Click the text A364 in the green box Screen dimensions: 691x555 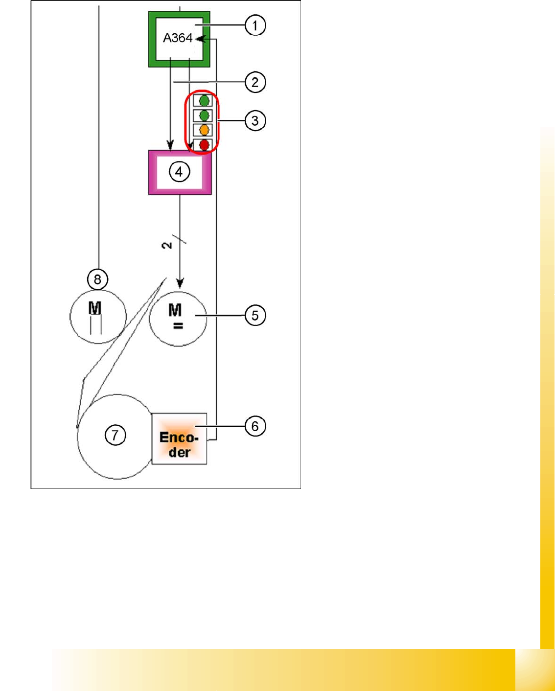pyautogui.click(x=177, y=38)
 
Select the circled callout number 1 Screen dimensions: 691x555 pyautogui.click(x=255, y=25)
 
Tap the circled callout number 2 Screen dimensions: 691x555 pyautogui.click(x=255, y=82)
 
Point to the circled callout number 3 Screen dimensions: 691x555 pyautogui.click(x=255, y=120)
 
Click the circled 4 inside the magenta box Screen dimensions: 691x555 pyautogui.click(x=179, y=172)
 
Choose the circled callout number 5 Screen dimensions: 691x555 pyautogui.click(x=255, y=315)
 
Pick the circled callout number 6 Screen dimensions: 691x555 pyautogui.click(x=255, y=426)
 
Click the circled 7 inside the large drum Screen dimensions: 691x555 pyautogui.click(x=116, y=435)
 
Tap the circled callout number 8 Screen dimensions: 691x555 pyautogui.click(x=97, y=279)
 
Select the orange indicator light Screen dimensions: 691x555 pyautogui.click(x=204, y=130)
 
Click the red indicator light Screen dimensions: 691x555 pyautogui.click(x=204, y=145)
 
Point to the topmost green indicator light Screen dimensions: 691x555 pyautogui.click(x=204, y=101)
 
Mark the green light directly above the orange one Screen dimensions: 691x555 pyautogui.click(x=204, y=115)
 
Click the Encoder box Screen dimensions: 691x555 pyautogui.click(x=179, y=439)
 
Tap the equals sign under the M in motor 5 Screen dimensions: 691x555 pyautogui.click(x=178, y=326)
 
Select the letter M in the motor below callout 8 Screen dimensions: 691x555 pyautogui.click(x=94, y=308)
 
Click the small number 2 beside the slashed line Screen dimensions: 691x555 pyautogui.click(x=166, y=245)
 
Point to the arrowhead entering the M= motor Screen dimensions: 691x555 pyautogui.click(x=180, y=283)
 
